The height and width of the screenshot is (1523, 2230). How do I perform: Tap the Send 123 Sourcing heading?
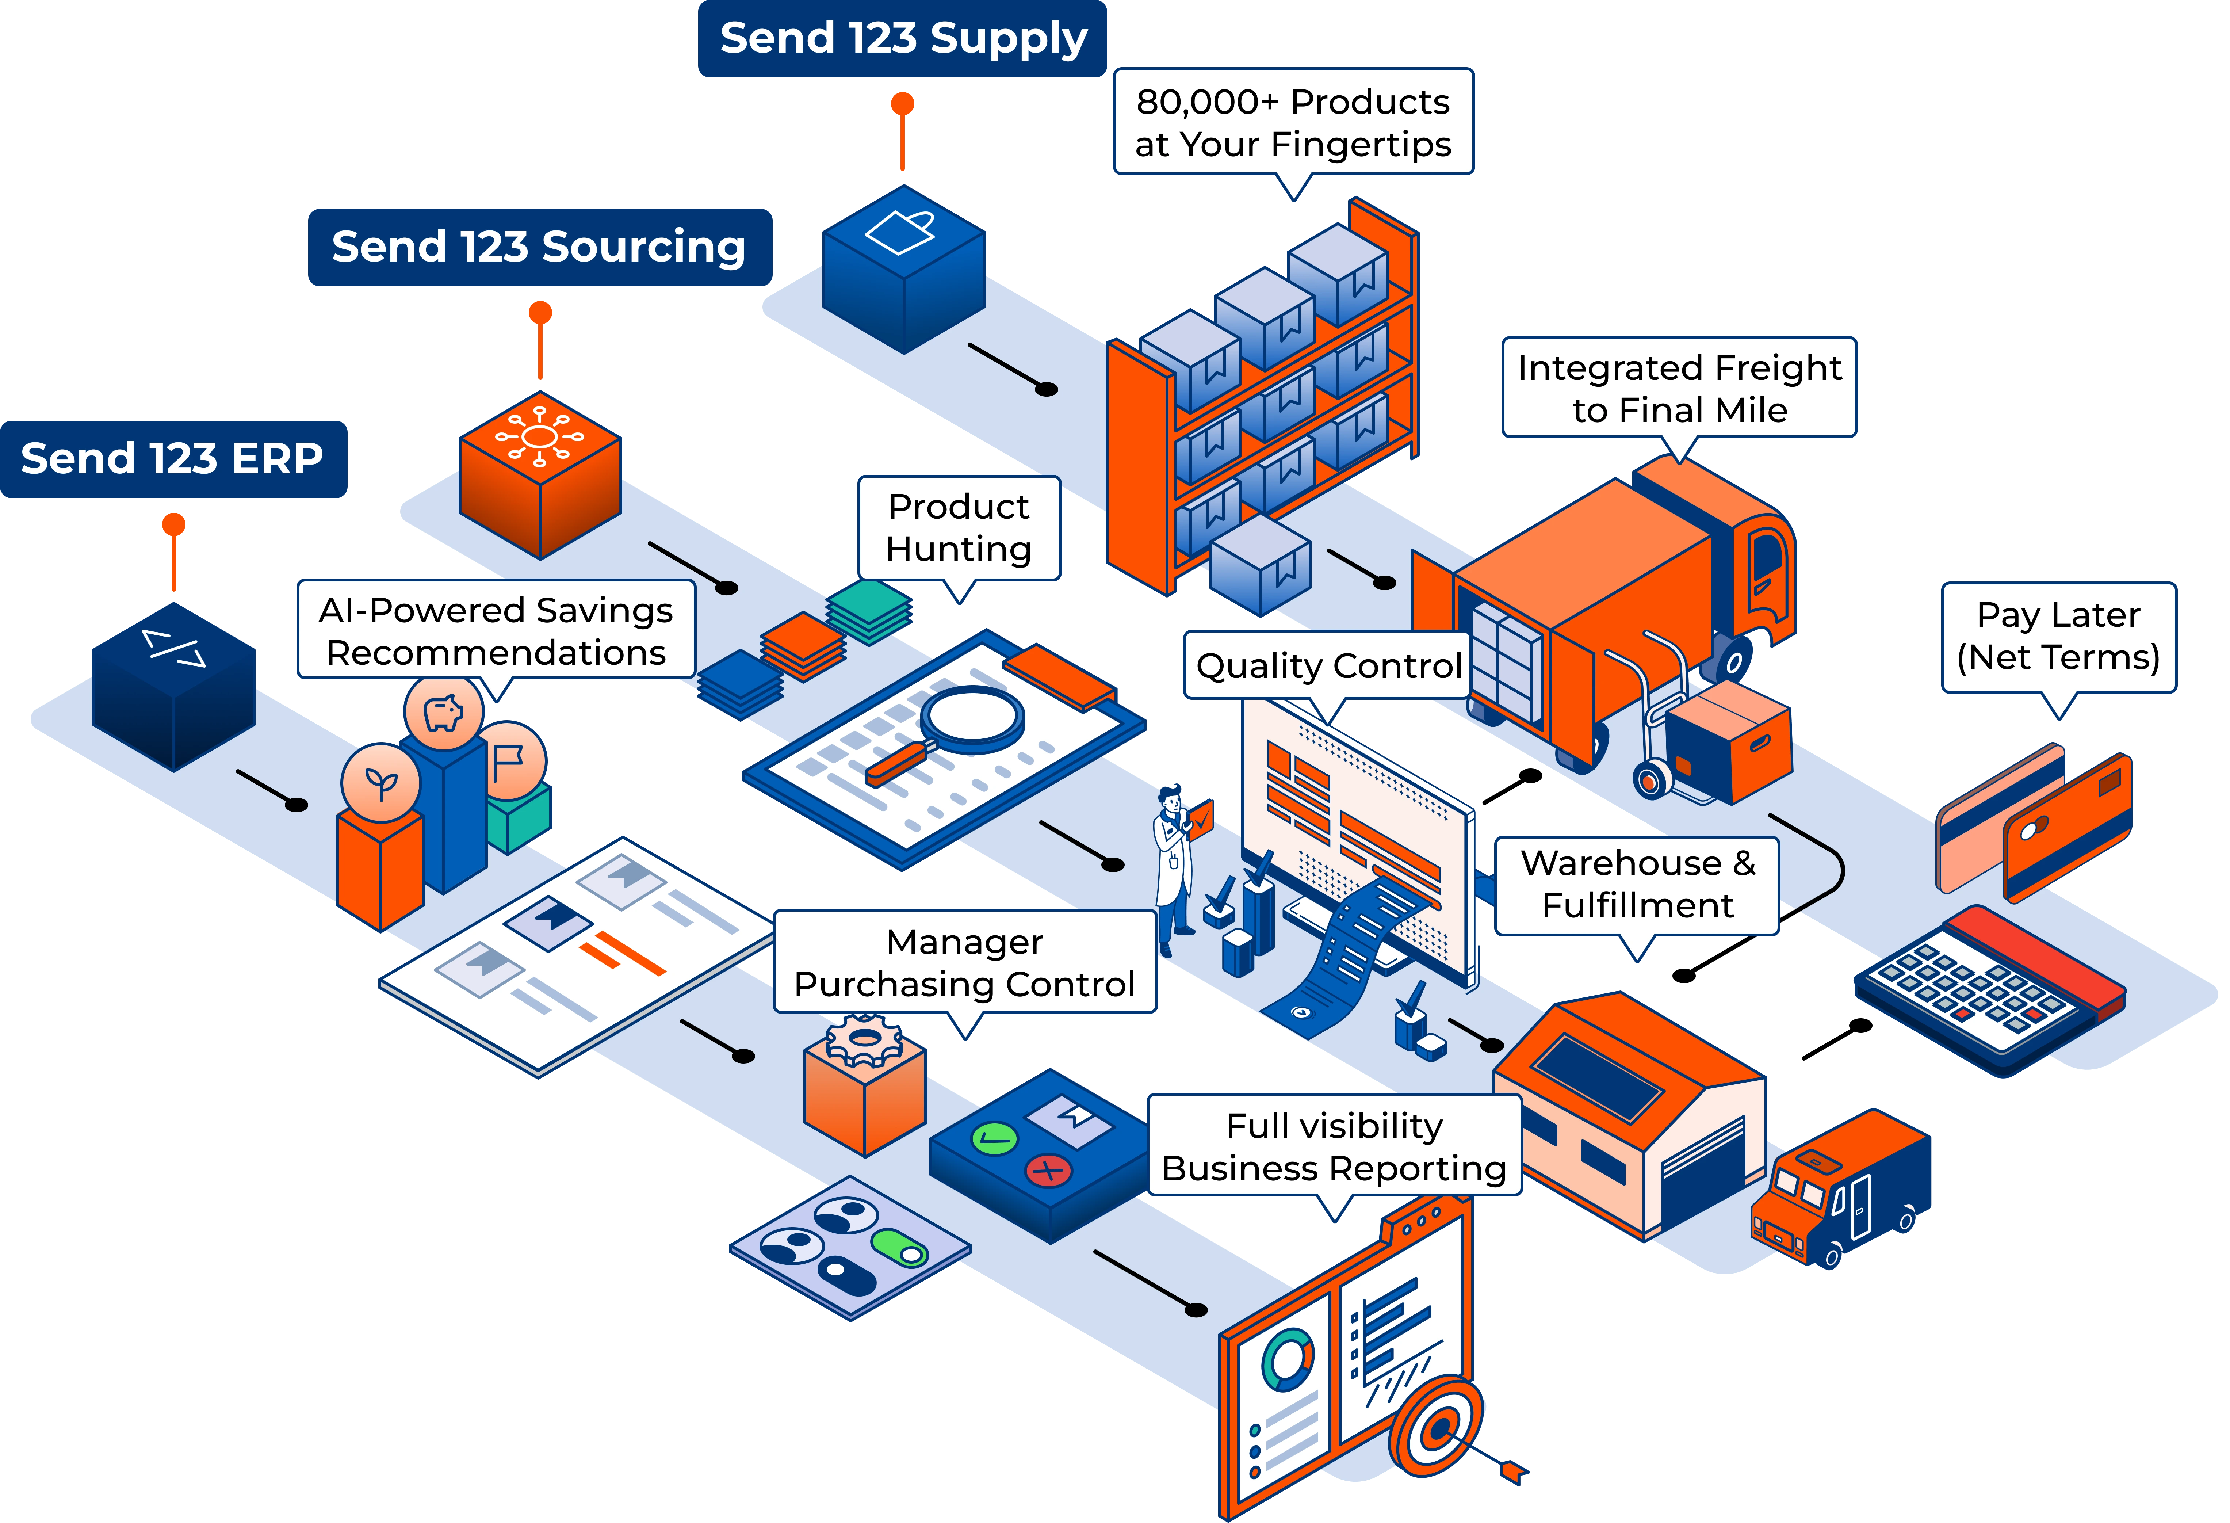[539, 247]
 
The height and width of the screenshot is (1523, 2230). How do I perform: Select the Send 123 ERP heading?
[173, 459]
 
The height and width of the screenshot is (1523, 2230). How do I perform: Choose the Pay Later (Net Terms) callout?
[2058, 636]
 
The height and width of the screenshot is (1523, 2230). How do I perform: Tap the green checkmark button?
[994, 1139]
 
